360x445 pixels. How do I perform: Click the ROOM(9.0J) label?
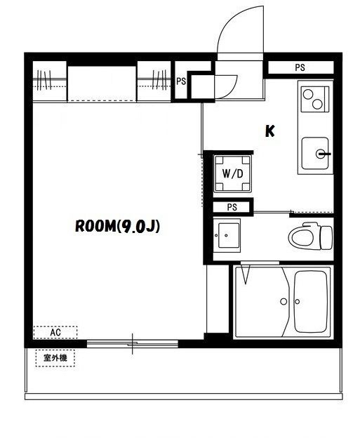(117, 227)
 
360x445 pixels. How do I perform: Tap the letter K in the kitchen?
(269, 131)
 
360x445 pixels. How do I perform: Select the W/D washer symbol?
(232, 173)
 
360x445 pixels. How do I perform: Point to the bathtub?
(311, 302)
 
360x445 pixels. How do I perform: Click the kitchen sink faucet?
(323, 154)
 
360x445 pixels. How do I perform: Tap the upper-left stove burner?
(307, 93)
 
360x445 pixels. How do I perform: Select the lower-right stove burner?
(317, 104)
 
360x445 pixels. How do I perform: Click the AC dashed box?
(55, 332)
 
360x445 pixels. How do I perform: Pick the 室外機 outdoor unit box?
(55, 358)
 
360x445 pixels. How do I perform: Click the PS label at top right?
(300, 67)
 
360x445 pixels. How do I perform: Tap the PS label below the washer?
(232, 207)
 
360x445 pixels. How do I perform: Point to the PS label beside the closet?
(181, 81)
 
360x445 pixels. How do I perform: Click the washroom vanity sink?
(228, 235)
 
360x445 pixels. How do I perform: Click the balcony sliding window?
(133, 344)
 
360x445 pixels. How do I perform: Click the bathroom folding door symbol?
(246, 274)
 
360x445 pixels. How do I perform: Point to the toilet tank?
(326, 237)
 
